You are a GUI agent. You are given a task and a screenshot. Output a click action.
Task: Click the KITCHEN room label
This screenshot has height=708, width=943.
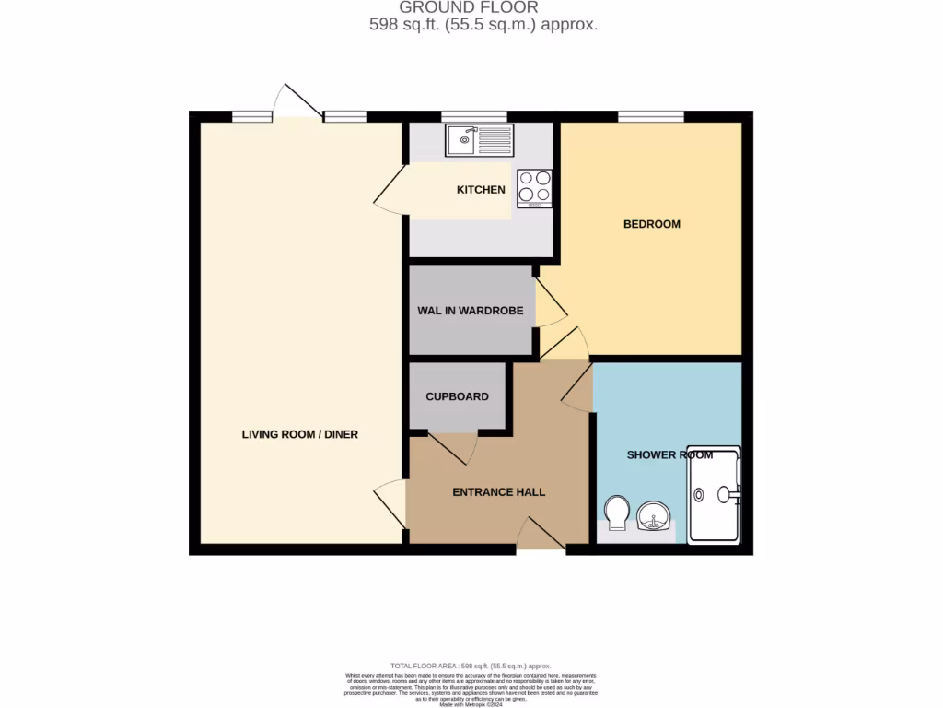(481, 190)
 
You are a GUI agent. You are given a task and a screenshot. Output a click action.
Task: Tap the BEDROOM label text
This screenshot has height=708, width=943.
(651, 224)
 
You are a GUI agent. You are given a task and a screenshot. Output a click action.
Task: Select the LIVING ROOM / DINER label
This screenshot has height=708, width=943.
(299, 434)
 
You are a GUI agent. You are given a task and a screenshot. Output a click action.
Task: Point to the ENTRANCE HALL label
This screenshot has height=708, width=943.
(498, 492)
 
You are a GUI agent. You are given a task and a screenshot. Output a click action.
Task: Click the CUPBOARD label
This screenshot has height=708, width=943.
(457, 396)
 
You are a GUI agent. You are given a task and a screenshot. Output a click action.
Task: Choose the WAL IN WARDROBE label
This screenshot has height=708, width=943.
(470, 311)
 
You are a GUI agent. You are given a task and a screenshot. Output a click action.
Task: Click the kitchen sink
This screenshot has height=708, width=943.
(480, 141)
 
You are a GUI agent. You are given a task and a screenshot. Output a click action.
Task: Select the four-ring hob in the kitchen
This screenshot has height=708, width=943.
(534, 187)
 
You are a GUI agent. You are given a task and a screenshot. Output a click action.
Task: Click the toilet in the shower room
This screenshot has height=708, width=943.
(615, 513)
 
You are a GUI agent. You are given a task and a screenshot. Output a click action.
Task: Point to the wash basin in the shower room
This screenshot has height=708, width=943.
(655, 515)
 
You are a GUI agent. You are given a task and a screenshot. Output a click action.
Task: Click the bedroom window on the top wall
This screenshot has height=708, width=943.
(650, 116)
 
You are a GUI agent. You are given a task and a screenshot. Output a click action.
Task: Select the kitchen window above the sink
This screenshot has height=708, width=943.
(473, 116)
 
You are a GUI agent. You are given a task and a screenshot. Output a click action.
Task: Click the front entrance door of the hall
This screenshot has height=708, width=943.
(539, 537)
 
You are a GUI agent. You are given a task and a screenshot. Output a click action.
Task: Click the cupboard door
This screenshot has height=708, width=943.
(453, 446)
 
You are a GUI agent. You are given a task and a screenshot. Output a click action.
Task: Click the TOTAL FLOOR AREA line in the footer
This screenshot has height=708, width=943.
(471, 666)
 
